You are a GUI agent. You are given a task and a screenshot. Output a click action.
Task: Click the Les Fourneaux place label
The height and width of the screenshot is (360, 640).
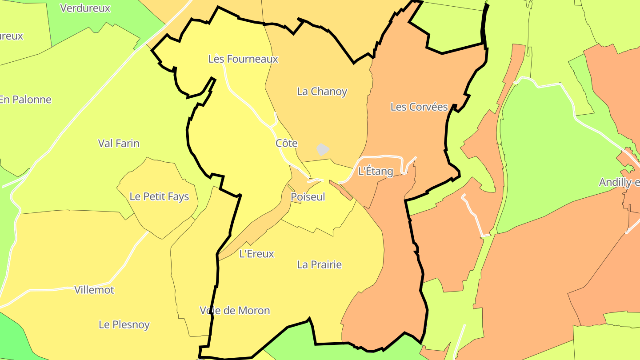click(x=243, y=59)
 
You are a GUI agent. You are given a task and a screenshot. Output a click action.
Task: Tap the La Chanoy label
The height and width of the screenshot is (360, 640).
click(x=322, y=92)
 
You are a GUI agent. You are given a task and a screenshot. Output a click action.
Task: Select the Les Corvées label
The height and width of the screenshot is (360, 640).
click(x=419, y=107)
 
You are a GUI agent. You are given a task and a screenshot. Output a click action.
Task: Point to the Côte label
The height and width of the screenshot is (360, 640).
click(x=286, y=144)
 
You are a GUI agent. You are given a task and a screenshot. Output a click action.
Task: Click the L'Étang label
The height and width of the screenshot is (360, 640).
click(x=376, y=171)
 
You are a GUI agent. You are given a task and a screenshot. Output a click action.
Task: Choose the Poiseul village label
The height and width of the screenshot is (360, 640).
click(x=308, y=196)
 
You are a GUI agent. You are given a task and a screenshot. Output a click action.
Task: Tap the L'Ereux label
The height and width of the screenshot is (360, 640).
click(x=256, y=254)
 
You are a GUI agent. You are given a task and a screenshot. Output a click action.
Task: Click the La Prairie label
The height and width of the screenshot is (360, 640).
click(x=319, y=265)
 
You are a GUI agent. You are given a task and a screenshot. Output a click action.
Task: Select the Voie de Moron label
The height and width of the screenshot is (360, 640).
click(x=235, y=310)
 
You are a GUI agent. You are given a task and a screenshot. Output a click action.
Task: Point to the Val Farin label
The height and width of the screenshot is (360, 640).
click(x=119, y=144)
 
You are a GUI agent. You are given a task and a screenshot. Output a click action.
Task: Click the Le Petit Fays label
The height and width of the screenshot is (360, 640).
click(x=159, y=196)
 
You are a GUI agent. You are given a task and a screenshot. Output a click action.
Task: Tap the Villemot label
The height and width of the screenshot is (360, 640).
click(x=94, y=290)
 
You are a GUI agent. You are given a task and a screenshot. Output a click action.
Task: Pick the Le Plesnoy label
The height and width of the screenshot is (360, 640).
click(x=124, y=324)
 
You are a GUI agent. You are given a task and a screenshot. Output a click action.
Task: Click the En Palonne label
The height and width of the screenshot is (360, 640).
click(x=25, y=100)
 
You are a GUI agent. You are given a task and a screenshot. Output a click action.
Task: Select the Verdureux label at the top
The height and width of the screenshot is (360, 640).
click(x=85, y=8)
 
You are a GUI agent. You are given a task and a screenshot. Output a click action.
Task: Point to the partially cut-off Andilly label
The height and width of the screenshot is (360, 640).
click(x=619, y=182)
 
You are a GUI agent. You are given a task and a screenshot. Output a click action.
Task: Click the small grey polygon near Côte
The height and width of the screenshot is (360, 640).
click(x=323, y=149)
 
